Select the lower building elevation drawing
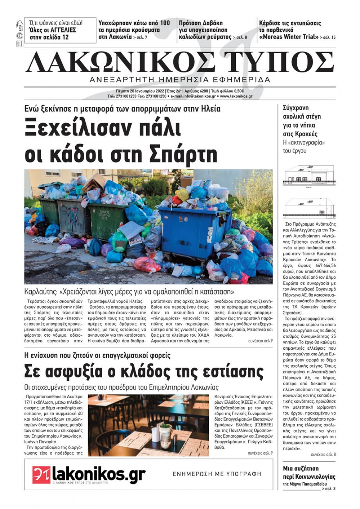click(310, 209)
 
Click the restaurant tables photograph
click(148, 425)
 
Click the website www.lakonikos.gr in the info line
click(236, 96)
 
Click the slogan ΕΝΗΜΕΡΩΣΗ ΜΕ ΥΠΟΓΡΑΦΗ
click(217, 474)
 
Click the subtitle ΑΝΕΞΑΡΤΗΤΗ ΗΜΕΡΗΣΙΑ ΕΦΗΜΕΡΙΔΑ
click(180, 79)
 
